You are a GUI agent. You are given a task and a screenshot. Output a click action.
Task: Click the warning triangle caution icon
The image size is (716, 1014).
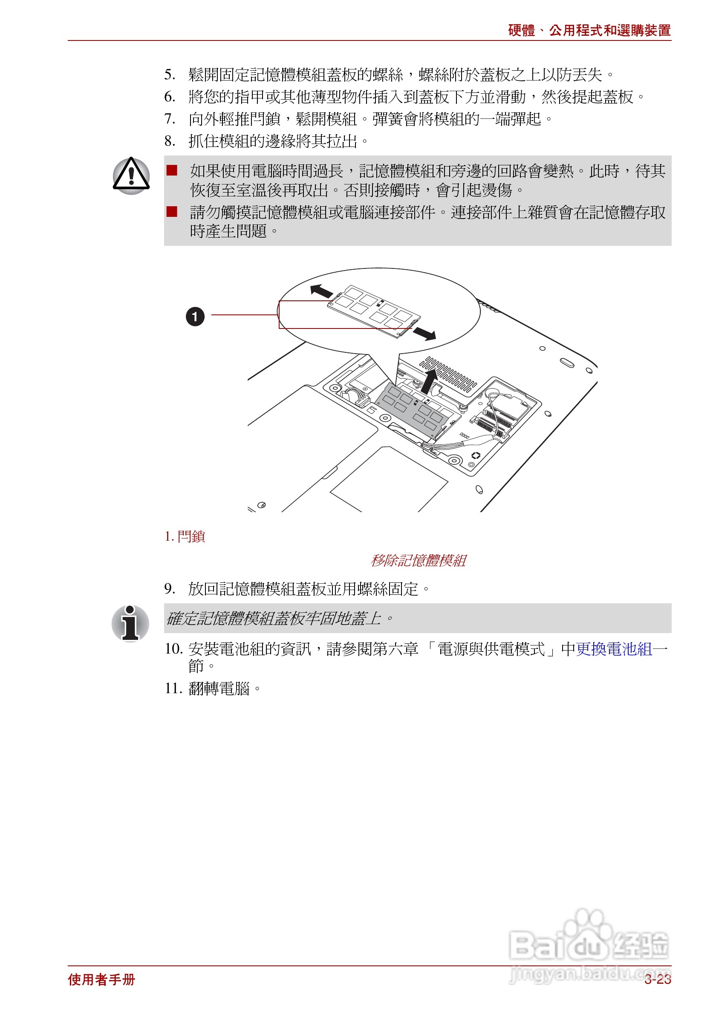coord(131,176)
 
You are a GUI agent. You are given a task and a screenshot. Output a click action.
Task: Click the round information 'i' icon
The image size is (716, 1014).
coord(130,623)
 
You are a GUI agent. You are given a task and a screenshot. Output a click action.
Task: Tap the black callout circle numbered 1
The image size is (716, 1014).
coord(195,316)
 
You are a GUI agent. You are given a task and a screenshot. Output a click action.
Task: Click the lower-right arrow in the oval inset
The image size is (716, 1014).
coord(424,334)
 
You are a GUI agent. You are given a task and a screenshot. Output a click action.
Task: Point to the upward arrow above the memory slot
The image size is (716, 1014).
coord(429,381)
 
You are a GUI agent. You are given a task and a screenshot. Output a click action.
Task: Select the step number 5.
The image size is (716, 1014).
coord(170,75)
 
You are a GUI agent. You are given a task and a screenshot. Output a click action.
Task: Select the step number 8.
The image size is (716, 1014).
coord(170,141)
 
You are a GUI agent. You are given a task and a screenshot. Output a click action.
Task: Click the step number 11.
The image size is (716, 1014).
coord(173,688)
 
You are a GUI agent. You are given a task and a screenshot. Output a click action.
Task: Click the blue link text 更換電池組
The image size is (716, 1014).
coord(614,649)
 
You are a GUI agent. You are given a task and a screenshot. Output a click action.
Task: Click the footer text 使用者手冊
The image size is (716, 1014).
coord(101,979)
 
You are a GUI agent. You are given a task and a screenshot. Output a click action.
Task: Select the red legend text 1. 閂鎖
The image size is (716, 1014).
coord(185,536)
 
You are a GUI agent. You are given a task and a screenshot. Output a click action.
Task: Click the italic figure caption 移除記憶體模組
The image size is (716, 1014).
coord(418,560)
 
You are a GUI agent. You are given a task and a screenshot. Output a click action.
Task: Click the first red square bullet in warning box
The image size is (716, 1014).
coord(172,170)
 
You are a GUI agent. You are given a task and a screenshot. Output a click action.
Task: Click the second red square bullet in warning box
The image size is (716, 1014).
coord(172,212)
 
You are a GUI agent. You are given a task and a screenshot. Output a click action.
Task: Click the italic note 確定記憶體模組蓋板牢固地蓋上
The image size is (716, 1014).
coord(274,618)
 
